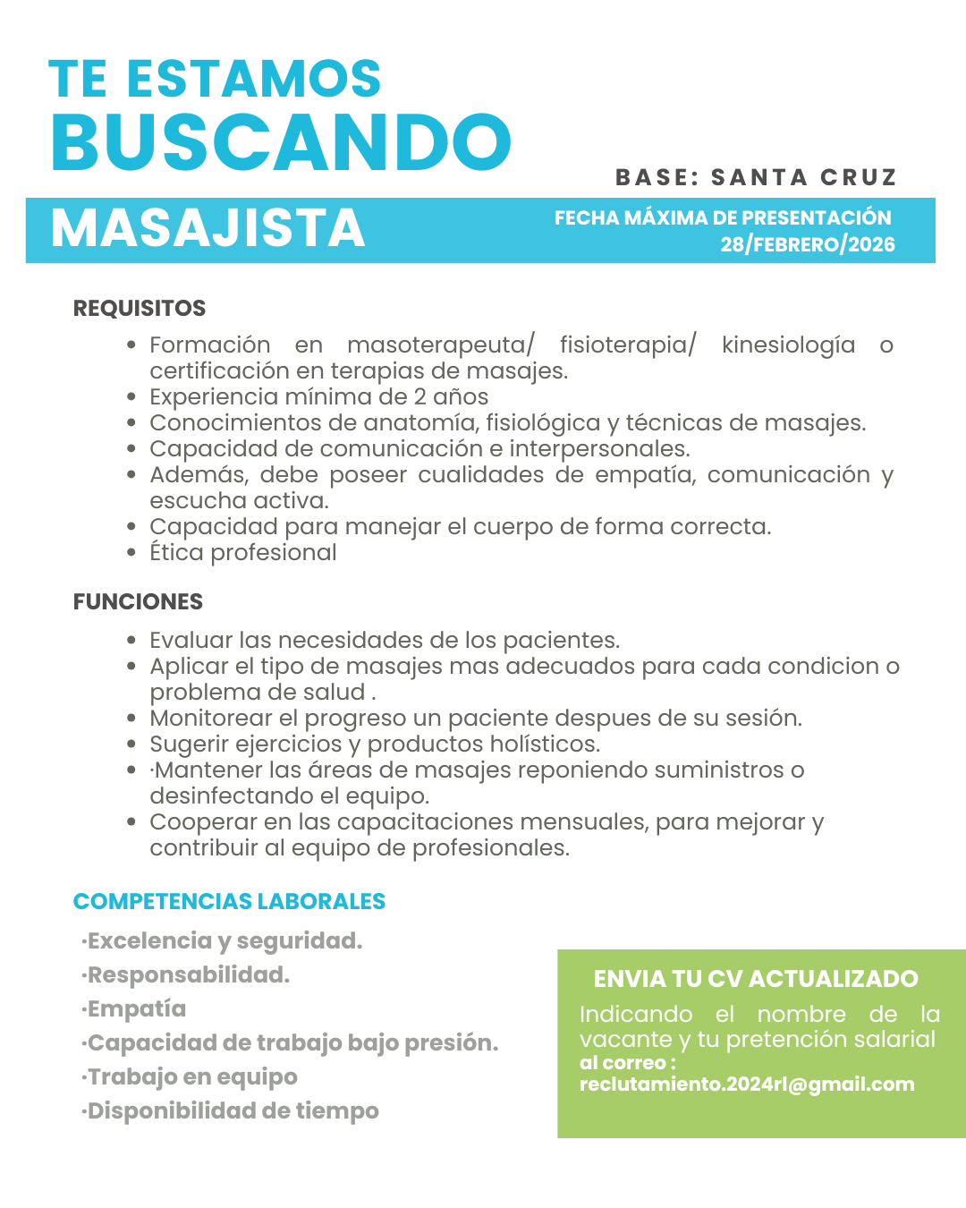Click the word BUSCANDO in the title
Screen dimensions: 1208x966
click(281, 142)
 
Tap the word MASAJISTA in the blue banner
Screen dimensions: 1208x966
click(208, 228)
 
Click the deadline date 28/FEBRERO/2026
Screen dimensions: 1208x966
click(807, 244)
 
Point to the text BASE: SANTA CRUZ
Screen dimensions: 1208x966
click(756, 177)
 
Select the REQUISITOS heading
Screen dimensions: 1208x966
click(140, 309)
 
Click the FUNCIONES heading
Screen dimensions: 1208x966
click(138, 602)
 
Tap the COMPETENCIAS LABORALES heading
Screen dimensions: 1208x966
click(229, 902)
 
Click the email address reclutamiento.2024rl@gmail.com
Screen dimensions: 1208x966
click(747, 1085)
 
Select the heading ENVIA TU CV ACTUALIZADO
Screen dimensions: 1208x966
click(756, 979)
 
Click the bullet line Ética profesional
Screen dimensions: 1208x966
click(243, 553)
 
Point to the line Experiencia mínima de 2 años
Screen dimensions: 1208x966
click(318, 397)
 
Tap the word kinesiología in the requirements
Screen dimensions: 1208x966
click(788, 345)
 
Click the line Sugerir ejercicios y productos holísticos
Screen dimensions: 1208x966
click(375, 744)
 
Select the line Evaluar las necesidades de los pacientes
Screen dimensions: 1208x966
click(385, 641)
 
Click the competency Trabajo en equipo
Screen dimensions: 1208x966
click(191, 1077)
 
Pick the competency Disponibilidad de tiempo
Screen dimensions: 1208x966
click(233, 1111)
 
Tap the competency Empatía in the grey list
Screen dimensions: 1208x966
click(136, 1009)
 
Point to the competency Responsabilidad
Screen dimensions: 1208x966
click(188, 975)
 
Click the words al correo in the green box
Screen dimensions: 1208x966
click(623, 1063)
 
